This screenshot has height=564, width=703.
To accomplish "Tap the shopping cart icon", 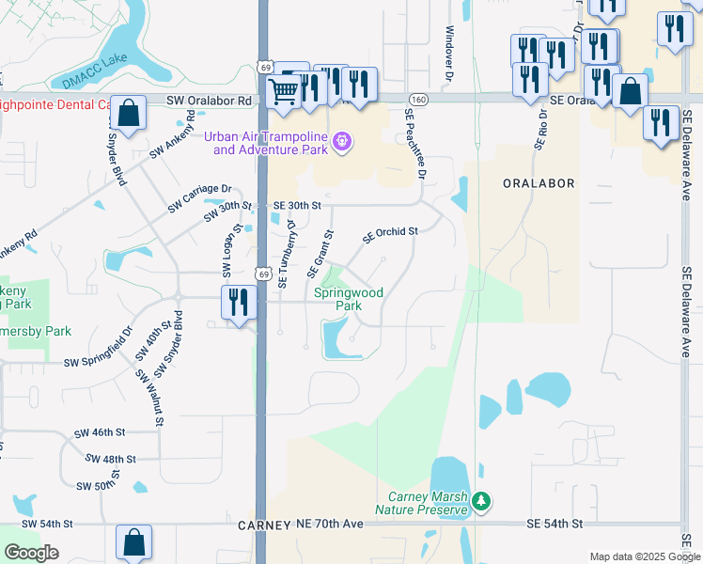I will (284, 91).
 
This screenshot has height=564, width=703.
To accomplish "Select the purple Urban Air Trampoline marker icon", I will (342, 143).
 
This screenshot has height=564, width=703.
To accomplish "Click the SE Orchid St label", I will (389, 230).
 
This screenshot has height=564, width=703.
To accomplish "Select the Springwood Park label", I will (336, 299).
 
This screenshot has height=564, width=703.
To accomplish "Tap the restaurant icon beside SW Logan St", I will (238, 303).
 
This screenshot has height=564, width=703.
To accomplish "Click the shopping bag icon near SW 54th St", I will (133, 541).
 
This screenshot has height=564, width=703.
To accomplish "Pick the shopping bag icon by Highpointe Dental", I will (128, 113).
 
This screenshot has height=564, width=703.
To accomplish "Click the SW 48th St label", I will (110, 459).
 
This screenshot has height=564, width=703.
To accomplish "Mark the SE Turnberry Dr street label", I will (290, 254).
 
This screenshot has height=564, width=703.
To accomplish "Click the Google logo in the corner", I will (31, 553).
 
